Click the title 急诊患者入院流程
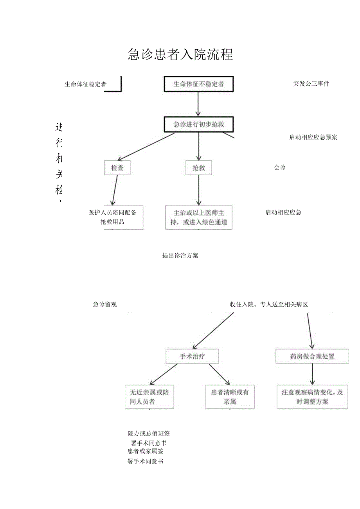(180, 54)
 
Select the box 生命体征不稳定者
(199, 84)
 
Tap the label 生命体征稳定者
(85, 84)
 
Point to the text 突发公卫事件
(311, 83)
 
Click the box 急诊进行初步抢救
(199, 124)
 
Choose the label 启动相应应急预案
(313, 137)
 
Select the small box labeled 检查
(117, 168)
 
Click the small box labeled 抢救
(198, 168)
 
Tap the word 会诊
(279, 167)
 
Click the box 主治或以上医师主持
(198, 217)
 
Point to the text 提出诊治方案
(180, 255)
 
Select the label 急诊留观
(104, 304)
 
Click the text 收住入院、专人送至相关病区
(268, 304)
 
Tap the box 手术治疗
(192, 356)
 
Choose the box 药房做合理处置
(312, 356)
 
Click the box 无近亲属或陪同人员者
(149, 397)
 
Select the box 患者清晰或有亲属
(230, 397)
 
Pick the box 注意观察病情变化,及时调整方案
(312, 397)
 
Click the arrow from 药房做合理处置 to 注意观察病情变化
(312, 374)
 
